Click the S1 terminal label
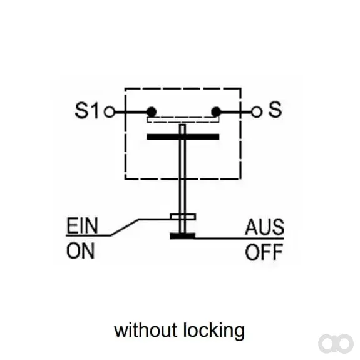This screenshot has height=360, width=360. (87, 110)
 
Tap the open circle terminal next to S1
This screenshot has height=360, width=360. (110, 112)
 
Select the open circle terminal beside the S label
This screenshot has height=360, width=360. (257, 112)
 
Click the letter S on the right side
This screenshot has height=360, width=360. (275, 110)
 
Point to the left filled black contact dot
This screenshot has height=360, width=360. (152, 112)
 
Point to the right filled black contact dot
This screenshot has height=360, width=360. (216, 112)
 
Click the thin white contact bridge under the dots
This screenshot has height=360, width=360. (183, 120)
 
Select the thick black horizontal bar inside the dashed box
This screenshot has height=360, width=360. (183, 137)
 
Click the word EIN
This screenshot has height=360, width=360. (82, 225)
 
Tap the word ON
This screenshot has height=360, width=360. (81, 251)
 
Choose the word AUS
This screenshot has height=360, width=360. (265, 227)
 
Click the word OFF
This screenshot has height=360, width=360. (264, 252)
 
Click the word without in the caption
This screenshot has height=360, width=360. (145, 330)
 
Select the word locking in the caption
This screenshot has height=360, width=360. (214, 331)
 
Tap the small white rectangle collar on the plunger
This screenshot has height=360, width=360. (183, 217)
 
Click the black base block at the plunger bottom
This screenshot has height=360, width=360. (183, 236)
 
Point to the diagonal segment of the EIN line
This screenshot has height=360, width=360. (125, 227)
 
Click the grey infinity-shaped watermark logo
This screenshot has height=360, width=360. (336, 344)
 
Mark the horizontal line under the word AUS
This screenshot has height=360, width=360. (239, 239)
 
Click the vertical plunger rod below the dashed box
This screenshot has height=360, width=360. (182, 197)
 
